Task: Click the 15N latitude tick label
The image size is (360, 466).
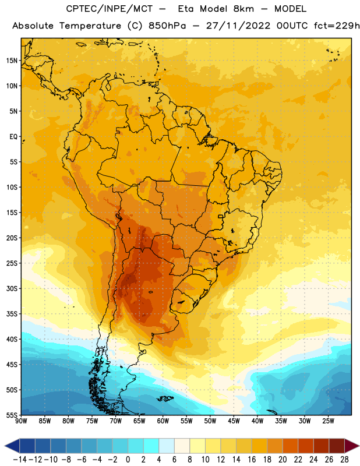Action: (x=12, y=61)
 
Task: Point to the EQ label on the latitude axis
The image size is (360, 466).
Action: (x=13, y=137)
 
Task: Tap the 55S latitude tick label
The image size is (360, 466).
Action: (x=12, y=415)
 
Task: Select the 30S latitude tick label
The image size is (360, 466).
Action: (x=12, y=288)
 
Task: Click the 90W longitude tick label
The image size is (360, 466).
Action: (x=21, y=421)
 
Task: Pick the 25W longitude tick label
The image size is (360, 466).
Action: (x=328, y=421)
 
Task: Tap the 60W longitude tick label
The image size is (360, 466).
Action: (x=163, y=421)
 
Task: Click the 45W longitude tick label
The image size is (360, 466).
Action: (x=234, y=421)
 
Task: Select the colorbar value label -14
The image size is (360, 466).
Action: (x=20, y=460)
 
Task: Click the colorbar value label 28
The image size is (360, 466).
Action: (x=344, y=460)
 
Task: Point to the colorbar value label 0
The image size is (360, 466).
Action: (x=128, y=460)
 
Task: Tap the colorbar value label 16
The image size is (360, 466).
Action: (x=252, y=460)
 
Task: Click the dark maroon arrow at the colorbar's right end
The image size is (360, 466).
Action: (x=351, y=446)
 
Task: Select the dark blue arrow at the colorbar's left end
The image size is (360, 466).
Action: (x=12, y=446)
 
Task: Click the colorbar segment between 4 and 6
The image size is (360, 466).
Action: (x=167, y=446)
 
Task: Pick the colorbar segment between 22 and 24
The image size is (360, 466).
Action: (x=306, y=446)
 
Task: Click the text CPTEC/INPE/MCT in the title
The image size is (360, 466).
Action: (x=110, y=9)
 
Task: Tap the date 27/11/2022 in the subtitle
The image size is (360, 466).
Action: (x=238, y=26)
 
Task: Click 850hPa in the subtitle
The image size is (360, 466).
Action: (x=167, y=26)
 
